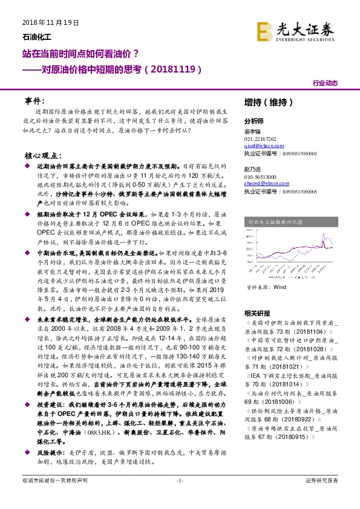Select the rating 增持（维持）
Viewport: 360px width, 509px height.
click(x=267, y=101)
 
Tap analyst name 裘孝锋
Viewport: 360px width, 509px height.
click(x=252, y=131)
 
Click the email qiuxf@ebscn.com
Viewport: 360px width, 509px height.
click(x=260, y=146)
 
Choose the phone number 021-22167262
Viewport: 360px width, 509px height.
click(x=260, y=138)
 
